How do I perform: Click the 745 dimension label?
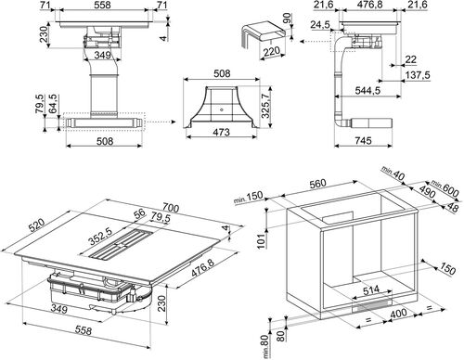click(363, 141)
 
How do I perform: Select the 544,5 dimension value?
click(367, 91)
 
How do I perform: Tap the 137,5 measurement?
click(417, 75)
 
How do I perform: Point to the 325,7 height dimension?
click(266, 107)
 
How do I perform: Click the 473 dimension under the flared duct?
click(222, 132)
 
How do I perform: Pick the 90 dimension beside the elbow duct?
click(287, 19)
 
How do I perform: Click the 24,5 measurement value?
click(320, 24)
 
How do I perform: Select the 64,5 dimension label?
click(54, 104)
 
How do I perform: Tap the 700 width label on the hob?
click(170, 208)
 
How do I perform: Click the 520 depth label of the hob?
click(37, 225)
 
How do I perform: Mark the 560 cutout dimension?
click(317, 184)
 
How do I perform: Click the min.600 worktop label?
click(445, 188)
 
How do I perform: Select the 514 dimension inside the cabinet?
click(371, 289)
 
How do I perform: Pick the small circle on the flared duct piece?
click(222, 109)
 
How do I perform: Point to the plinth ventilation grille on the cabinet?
click(371, 305)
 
